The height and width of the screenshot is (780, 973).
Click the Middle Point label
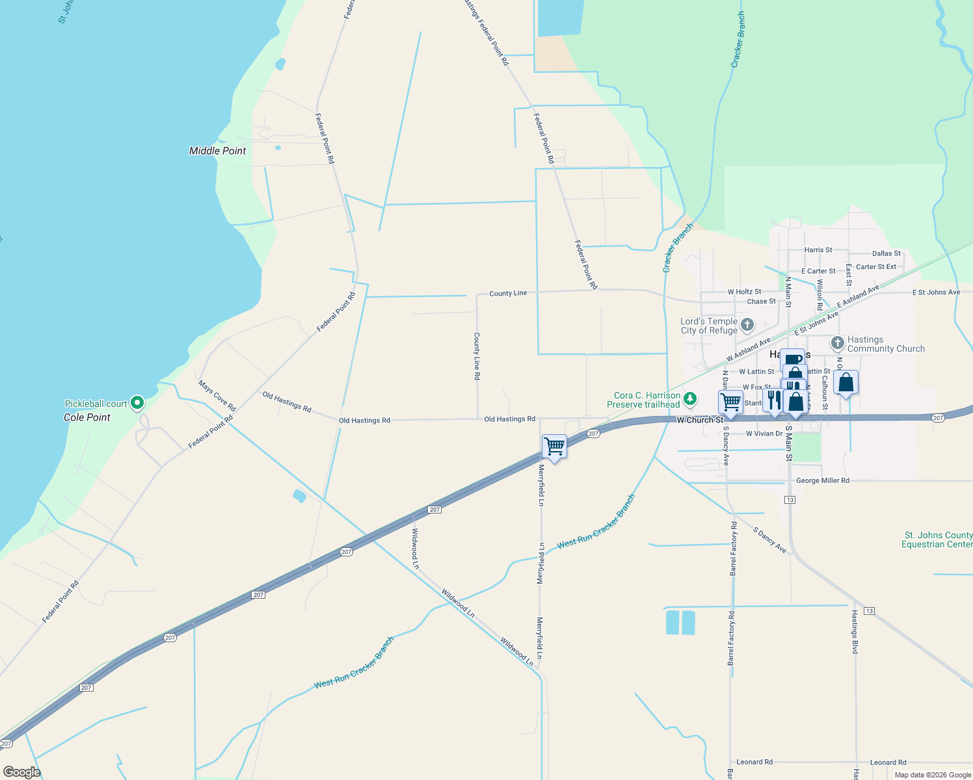pyautogui.click(x=217, y=151)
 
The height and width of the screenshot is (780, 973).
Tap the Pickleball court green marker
pyautogui.click(x=137, y=404)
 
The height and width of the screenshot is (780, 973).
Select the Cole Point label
pyautogui.click(x=87, y=417)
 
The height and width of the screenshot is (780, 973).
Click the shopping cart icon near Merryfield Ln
pyautogui.click(x=554, y=447)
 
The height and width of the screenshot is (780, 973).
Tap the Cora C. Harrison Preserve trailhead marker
pyautogui.click(x=690, y=399)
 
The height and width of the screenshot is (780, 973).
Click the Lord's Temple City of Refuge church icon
pyautogui.click(x=747, y=324)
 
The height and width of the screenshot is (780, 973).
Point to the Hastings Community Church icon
pyautogui.click(x=838, y=343)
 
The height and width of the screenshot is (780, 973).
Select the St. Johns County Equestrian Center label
pyautogui.click(x=937, y=539)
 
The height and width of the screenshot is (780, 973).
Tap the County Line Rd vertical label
pyautogui.click(x=477, y=356)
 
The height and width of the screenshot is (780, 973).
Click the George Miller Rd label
pyautogui.click(x=822, y=481)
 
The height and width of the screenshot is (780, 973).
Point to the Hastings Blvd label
pyautogui.click(x=855, y=632)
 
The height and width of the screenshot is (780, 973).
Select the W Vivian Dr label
pyautogui.click(x=764, y=434)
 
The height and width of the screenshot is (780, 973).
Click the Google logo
pyautogui.click(x=22, y=772)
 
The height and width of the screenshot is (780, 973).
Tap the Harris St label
pyautogui.click(x=818, y=250)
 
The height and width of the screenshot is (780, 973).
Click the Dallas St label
pyautogui.click(x=886, y=253)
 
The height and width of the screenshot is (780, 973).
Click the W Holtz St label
pyautogui.click(x=744, y=292)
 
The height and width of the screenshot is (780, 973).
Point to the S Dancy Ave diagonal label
pyautogui.click(x=769, y=541)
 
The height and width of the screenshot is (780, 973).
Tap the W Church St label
pyautogui.click(x=700, y=420)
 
